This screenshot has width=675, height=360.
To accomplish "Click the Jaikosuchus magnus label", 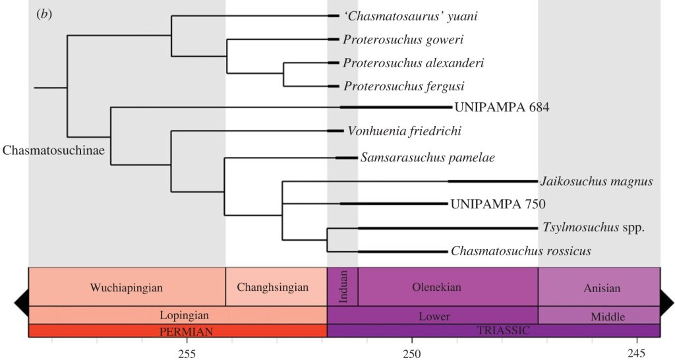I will coord(597,181).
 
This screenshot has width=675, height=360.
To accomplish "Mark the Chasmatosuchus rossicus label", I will coord(521,251).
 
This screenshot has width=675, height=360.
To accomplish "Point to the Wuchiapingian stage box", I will coord(127,287).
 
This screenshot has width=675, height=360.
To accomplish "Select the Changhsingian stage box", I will coord(276,287).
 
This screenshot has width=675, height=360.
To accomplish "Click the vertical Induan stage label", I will coord(343,287).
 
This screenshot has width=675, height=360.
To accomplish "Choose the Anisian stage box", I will coord(602,288).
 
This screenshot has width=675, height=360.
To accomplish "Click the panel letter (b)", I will coord(44,15).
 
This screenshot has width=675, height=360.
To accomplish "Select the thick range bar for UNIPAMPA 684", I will coord(396,107).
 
